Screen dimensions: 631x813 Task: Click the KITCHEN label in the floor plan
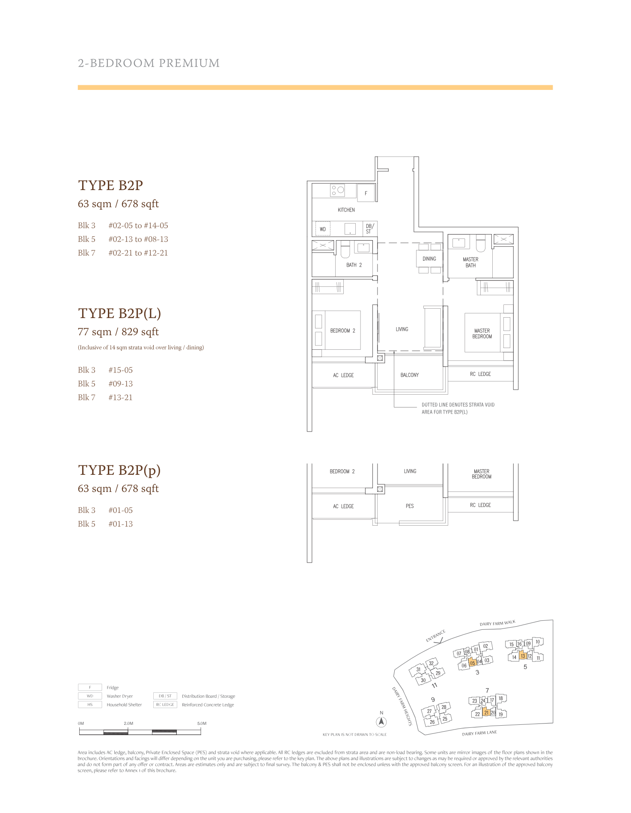(x=346, y=210)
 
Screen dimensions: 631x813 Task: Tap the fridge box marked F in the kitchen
(x=366, y=193)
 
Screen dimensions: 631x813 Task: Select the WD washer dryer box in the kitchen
(x=323, y=229)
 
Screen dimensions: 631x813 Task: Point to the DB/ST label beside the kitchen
(x=369, y=229)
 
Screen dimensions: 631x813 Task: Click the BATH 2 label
(x=354, y=265)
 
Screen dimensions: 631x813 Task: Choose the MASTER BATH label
(x=470, y=262)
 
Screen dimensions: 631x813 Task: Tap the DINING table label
(x=429, y=259)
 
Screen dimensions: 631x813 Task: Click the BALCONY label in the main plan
(x=410, y=375)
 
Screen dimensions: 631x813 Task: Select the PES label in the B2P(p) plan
(x=410, y=506)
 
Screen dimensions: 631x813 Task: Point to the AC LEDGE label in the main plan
(x=343, y=375)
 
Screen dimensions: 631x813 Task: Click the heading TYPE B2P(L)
(x=119, y=313)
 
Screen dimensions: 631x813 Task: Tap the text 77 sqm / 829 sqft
(x=118, y=332)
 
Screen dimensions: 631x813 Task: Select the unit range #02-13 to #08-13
(x=138, y=239)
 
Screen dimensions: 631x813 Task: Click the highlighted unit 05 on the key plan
(x=473, y=663)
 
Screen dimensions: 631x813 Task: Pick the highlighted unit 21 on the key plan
(x=486, y=713)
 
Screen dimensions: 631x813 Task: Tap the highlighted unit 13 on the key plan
(x=523, y=656)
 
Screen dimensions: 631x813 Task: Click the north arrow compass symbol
(x=381, y=722)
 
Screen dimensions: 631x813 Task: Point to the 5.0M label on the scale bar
(x=202, y=724)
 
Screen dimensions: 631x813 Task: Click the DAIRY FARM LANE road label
(x=479, y=733)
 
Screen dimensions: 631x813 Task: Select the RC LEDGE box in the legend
(x=165, y=705)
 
